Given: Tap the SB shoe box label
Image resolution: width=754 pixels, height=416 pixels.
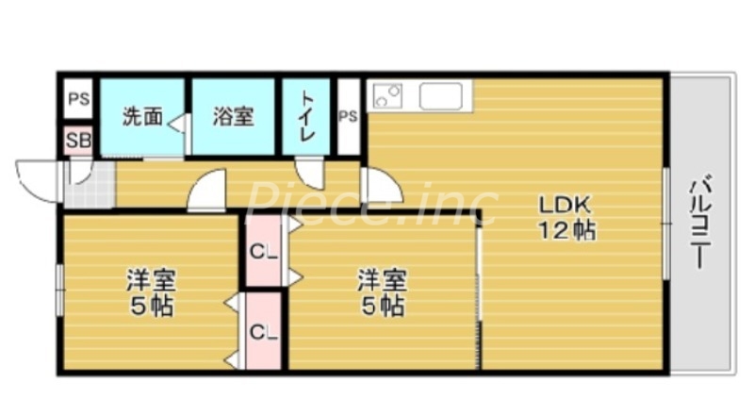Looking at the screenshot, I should click(78, 141).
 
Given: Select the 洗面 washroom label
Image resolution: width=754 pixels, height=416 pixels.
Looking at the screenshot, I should click(142, 117).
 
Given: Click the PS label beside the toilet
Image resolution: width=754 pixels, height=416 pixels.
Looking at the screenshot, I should click(348, 117).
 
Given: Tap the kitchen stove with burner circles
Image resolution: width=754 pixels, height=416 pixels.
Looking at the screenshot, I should click(388, 96).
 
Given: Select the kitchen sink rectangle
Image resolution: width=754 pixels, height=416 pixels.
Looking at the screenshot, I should click(440, 96).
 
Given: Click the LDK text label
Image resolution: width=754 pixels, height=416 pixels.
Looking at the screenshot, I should click(565, 204).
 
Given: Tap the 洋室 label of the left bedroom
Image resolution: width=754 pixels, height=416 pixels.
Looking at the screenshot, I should click(151, 280).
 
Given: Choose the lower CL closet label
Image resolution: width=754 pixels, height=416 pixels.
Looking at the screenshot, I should click(263, 331).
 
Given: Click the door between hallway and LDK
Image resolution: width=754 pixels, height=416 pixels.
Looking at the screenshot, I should click(382, 186).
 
